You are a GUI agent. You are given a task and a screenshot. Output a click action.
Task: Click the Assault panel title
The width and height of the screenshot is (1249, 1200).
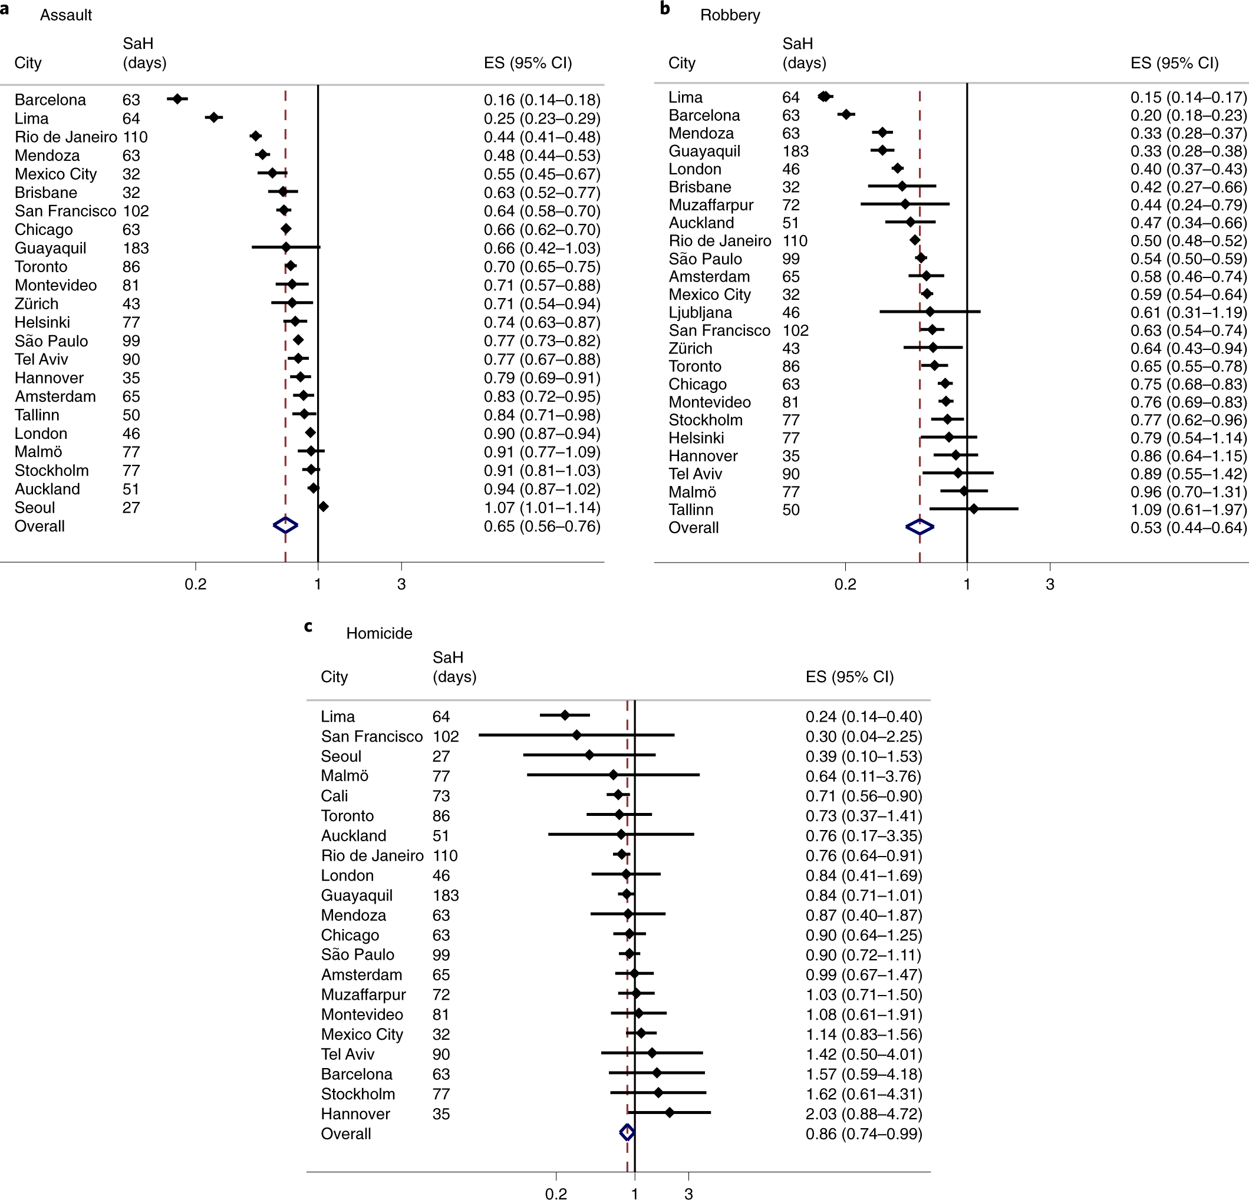tap(65, 15)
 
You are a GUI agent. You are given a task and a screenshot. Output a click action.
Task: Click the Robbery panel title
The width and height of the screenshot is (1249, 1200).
tap(730, 15)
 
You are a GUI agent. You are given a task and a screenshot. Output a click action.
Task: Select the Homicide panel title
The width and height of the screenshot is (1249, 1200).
tap(378, 633)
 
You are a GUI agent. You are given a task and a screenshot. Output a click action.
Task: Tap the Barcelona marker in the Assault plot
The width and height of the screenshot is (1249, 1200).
tap(177, 99)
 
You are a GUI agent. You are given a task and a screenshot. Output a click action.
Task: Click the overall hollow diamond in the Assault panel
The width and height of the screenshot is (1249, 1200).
tap(285, 525)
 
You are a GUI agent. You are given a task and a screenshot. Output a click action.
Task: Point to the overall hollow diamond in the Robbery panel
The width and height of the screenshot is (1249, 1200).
tap(919, 527)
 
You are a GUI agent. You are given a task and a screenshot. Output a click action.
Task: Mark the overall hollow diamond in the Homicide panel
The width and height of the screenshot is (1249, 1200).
tap(627, 1132)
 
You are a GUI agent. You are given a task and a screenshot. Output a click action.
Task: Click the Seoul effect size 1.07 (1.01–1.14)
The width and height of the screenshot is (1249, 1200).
tap(542, 508)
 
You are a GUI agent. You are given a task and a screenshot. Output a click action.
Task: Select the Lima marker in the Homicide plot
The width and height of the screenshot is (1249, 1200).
tap(565, 715)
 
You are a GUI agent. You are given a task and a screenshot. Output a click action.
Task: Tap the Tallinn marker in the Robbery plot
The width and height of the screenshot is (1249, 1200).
tap(973, 509)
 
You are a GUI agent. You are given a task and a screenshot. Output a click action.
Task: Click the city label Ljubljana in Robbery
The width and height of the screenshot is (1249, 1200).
tap(700, 313)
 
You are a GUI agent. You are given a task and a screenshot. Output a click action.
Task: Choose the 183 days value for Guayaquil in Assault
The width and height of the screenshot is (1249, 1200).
tap(135, 249)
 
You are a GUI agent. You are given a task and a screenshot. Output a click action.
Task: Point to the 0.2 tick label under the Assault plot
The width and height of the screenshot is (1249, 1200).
tap(196, 584)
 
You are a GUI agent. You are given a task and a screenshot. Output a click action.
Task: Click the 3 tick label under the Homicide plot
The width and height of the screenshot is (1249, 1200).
tap(688, 1193)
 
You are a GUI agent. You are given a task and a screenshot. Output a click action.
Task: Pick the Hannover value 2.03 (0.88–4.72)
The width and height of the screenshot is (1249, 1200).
tap(864, 1114)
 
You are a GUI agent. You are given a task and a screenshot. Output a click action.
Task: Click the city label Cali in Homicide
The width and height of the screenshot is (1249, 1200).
tap(334, 796)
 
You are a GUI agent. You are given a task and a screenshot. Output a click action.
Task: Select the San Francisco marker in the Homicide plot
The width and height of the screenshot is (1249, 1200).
tap(576, 735)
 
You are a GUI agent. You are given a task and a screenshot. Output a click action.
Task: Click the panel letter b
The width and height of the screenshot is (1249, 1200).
tap(665, 9)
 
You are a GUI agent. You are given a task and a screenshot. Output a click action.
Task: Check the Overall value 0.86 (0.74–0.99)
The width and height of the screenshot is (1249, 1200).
tap(864, 1134)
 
